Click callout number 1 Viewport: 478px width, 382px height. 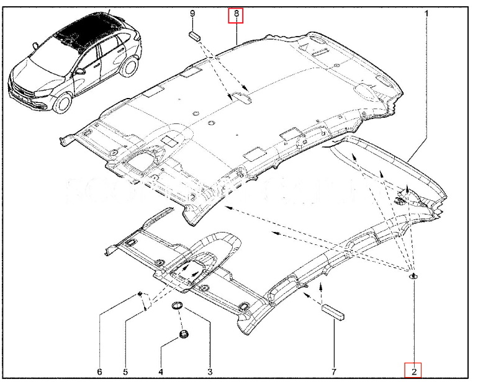[426, 13]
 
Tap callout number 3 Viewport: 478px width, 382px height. [210, 371]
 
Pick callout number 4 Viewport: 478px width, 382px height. [160, 371]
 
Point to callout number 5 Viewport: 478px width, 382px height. [125, 371]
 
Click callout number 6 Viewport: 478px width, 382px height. [99, 371]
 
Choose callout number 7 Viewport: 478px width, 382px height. [333, 371]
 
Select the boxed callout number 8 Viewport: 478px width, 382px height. [235, 14]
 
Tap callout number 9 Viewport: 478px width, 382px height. [192, 13]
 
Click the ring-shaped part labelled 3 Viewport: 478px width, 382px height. [178, 306]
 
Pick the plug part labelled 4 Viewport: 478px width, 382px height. [183, 335]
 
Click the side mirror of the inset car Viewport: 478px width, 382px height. [79, 71]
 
